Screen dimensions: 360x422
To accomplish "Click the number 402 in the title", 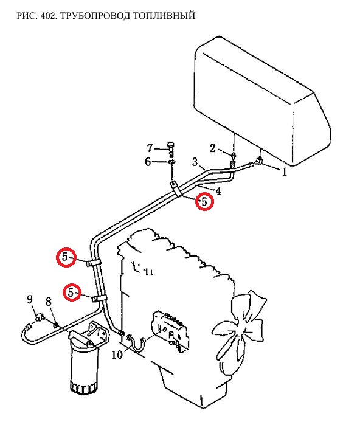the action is [x=48, y=16].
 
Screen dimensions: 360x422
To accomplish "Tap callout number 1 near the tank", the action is [x=284, y=171].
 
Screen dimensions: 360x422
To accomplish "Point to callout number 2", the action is [x=213, y=148].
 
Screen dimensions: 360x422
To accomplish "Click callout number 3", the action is [x=195, y=162].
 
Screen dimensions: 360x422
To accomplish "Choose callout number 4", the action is [x=218, y=191].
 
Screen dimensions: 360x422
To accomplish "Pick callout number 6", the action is [x=148, y=162].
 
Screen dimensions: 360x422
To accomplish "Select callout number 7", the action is [x=150, y=148].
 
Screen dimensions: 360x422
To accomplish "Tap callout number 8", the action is [x=49, y=302].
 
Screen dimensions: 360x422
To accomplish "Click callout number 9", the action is [x=30, y=299].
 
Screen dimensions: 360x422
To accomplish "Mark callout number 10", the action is [x=117, y=355].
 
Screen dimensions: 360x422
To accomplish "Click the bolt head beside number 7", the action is [x=171, y=145].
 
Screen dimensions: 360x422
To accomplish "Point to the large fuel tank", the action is [x=262, y=101].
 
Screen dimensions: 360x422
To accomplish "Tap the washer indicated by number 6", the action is [x=171, y=162].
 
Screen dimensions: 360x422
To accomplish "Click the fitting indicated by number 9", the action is [x=40, y=317].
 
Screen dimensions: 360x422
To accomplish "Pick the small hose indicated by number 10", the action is [x=137, y=343].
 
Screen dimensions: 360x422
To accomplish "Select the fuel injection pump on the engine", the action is [x=170, y=331].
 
